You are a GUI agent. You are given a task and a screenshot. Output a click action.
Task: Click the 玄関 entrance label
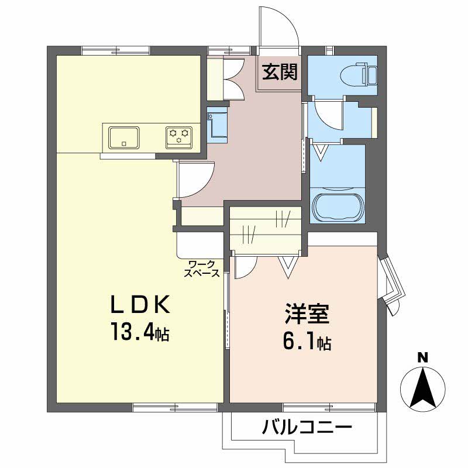[280, 72]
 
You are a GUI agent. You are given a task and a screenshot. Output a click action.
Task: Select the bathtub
[338, 207]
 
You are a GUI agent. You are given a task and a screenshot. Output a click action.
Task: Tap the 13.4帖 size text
[139, 333]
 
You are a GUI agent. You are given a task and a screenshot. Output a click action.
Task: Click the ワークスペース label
[203, 269]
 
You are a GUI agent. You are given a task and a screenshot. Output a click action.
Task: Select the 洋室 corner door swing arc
[245, 267]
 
